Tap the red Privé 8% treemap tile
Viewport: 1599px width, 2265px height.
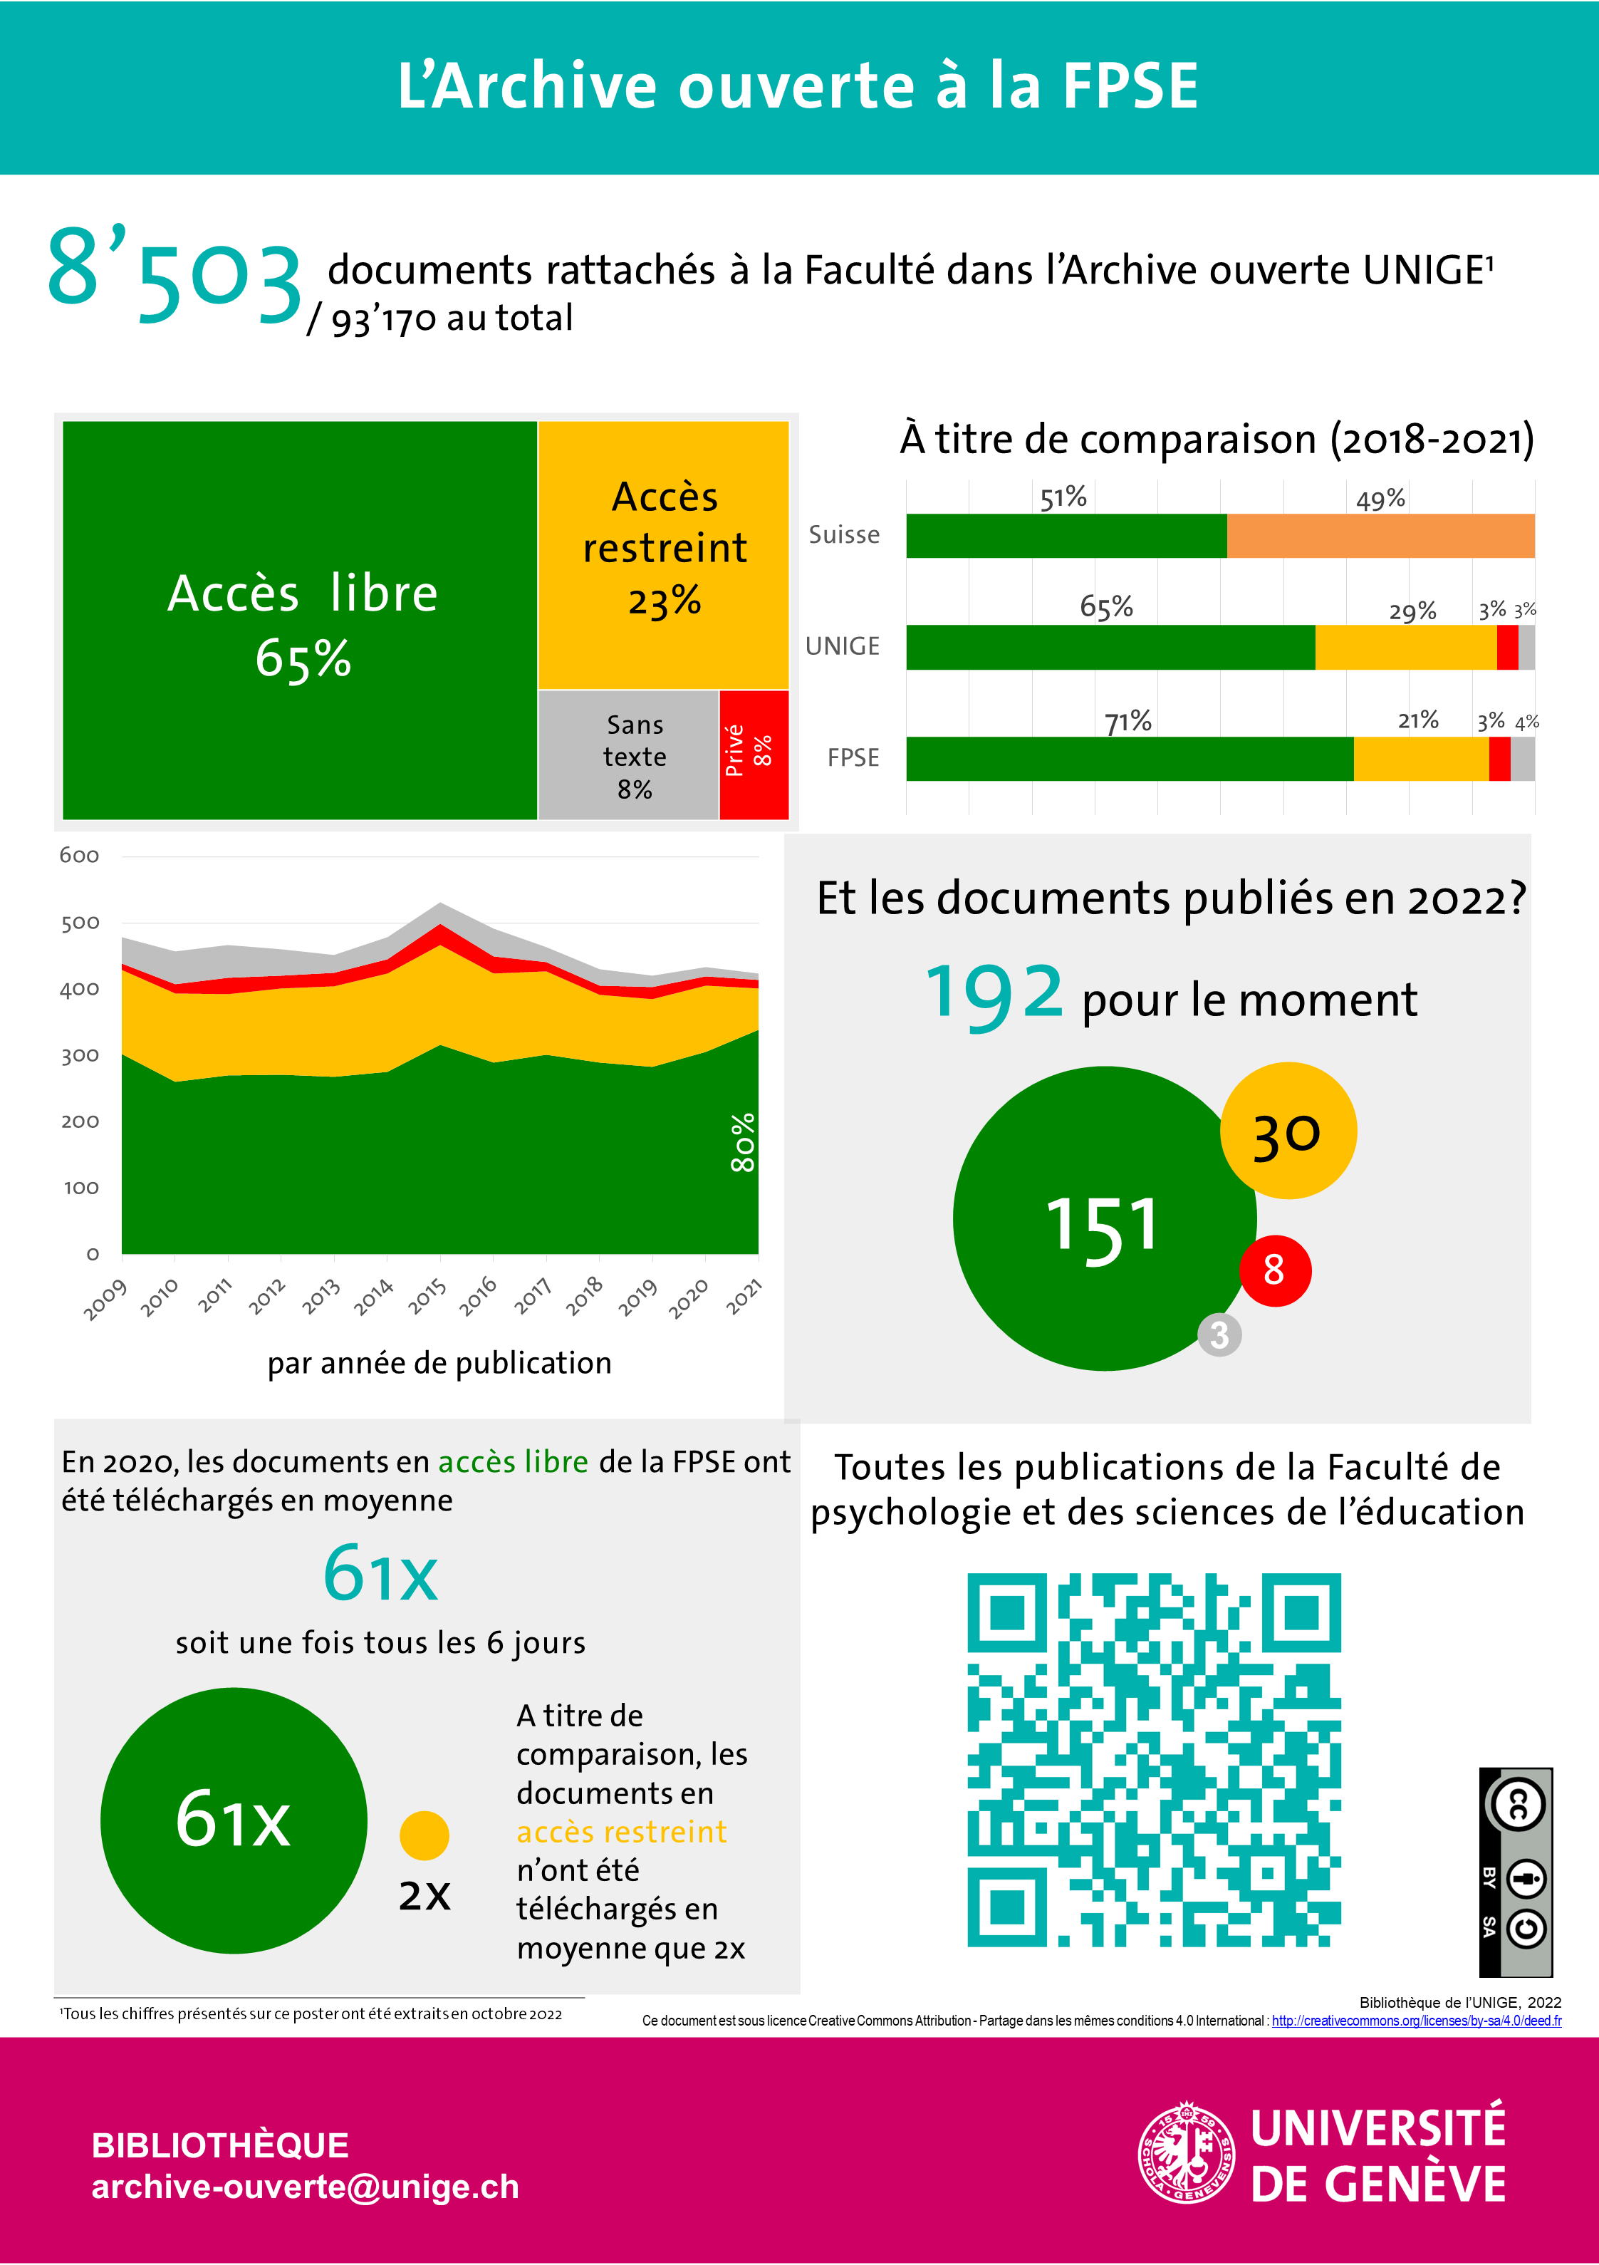[754, 755]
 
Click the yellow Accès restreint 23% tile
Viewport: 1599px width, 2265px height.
[664, 552]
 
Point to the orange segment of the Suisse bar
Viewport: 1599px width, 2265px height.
[1380, 536]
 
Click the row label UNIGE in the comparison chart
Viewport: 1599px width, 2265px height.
[843, 646]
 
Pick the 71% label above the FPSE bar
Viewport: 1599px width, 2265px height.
[1127, 721]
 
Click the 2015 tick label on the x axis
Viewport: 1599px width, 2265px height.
[428, 1296]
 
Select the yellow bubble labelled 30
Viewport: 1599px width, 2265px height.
[1288, 1131]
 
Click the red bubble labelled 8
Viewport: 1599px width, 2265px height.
[1274, 1270]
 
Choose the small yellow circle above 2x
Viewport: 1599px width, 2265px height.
[425, 1835]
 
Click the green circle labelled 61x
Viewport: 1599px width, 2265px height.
[234, 1820]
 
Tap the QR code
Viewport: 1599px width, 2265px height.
[1153, 1760]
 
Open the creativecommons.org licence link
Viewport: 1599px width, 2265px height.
[1415, 2021]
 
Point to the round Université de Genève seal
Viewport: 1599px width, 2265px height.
[1186, 2152]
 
